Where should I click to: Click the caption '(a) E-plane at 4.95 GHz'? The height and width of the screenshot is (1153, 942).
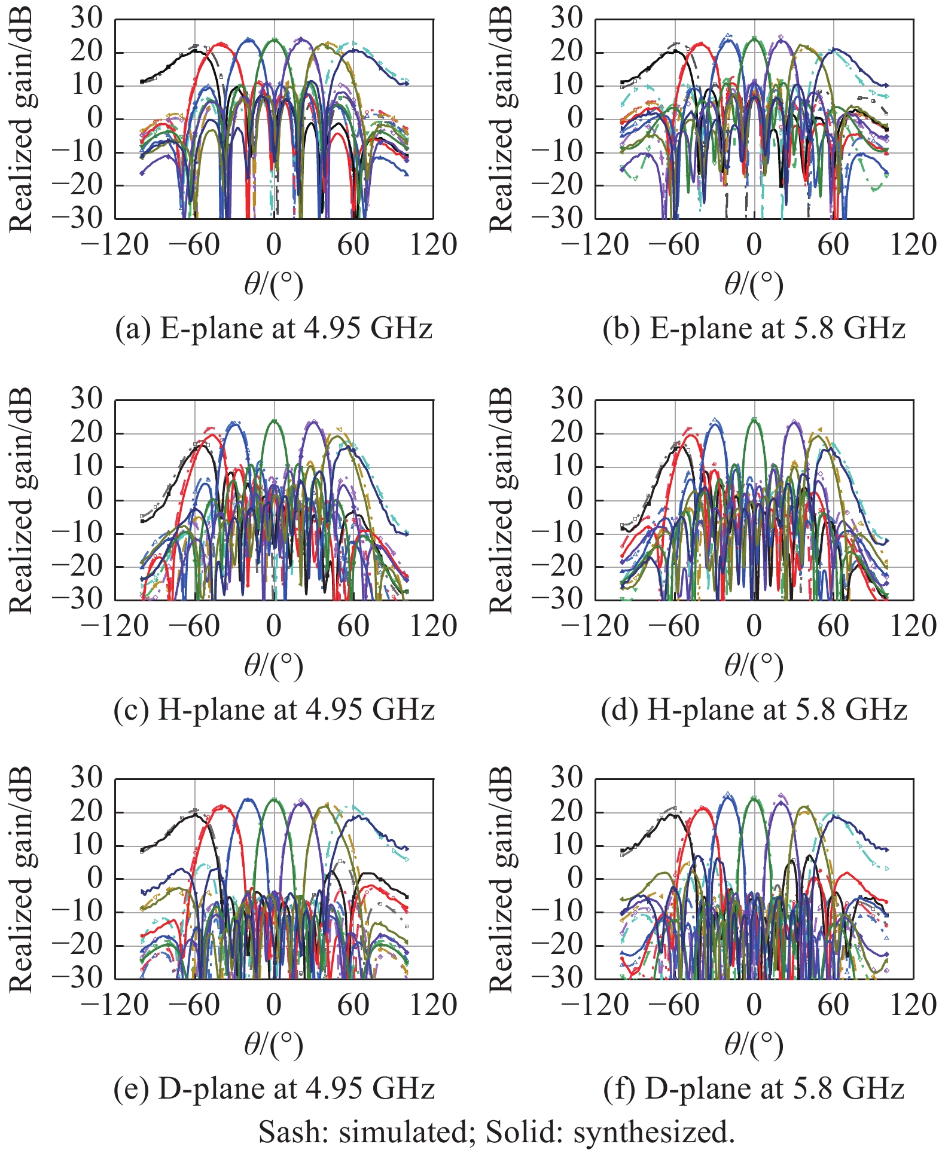[x=273, y=329]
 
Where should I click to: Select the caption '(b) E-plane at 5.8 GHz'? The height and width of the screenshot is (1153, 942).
[x=754, y=329]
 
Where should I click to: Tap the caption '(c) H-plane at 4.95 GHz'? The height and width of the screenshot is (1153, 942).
[x=273, y=709]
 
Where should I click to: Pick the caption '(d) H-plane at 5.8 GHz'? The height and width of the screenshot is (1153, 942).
[x=754, y=709]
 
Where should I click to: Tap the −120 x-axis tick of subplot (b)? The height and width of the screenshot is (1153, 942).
[x=595, y=245]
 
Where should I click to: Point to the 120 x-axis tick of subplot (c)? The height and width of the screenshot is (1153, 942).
[x=432, y=626]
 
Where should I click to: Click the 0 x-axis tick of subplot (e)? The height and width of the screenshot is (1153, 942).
[x=273, y=1005]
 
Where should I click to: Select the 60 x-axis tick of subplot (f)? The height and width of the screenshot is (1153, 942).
[x=833, y=1005]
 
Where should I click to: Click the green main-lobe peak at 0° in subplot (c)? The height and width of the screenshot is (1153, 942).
[x=274, y=421]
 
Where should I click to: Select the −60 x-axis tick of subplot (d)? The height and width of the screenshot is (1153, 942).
[x=675, y=626]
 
